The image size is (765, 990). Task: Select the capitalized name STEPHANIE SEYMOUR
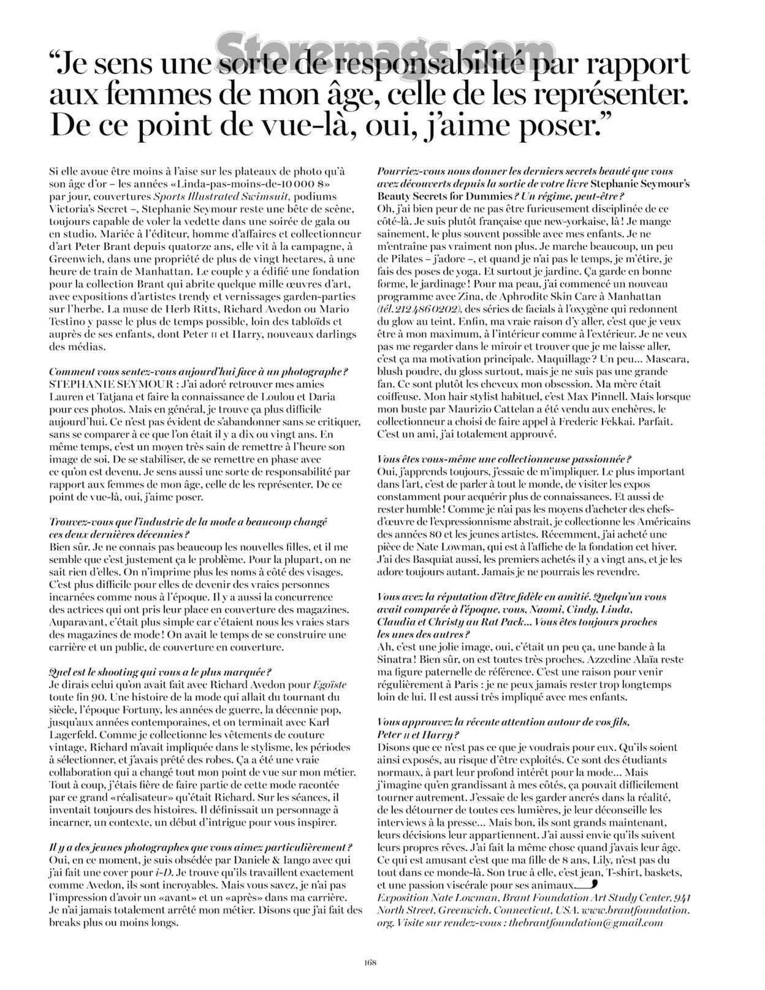pos(99,384)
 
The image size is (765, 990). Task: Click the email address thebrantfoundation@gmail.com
pos(594,923)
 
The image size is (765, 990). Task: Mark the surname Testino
pos(68,321)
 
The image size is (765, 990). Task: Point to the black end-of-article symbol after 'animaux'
pos(587,885)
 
